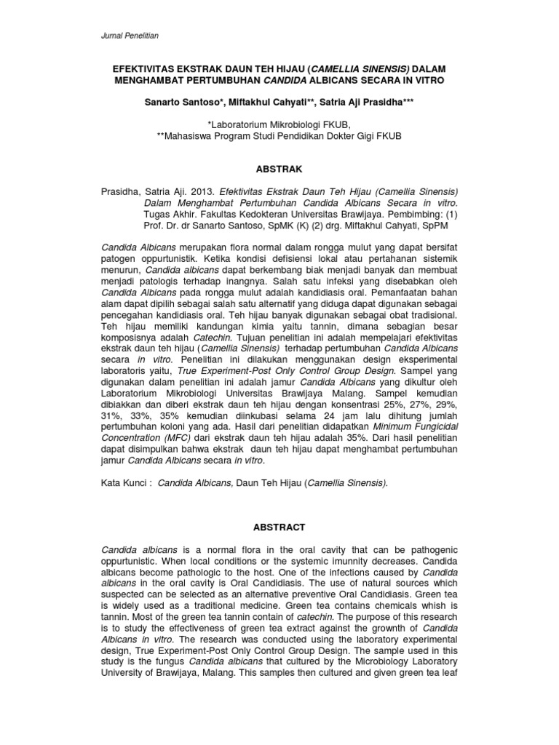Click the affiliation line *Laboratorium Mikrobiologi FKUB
[279, 124]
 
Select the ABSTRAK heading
[279, 168]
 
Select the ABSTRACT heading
[279, 527]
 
